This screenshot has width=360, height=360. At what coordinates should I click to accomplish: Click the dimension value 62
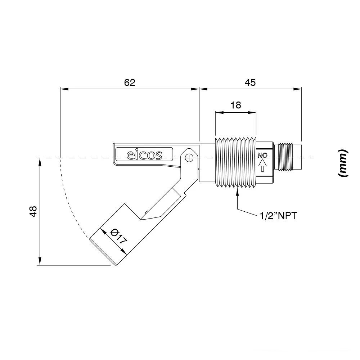pos(130,82)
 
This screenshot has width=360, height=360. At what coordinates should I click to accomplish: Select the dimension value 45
pos(250,82)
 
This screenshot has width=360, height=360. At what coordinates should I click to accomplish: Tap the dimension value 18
pos(236,105)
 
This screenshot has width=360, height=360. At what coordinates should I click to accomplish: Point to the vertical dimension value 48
pos(33,211)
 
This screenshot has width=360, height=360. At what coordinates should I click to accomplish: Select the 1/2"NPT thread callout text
pos(279,216)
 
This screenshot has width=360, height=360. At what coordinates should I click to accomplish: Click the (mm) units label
pos(343,163)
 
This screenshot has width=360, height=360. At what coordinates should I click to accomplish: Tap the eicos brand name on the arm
pos(144,155)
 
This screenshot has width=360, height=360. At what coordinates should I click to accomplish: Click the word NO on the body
pos(262,156)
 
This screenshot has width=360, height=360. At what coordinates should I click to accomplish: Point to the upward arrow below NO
pos(262,165)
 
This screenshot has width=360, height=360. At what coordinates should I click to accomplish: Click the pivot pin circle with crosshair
pos(189,158)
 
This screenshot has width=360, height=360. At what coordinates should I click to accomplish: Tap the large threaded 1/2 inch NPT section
pos(236,163)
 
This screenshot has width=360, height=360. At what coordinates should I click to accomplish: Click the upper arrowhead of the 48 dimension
pos(40,162)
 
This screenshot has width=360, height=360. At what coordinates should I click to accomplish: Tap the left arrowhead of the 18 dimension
pos(219,112)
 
